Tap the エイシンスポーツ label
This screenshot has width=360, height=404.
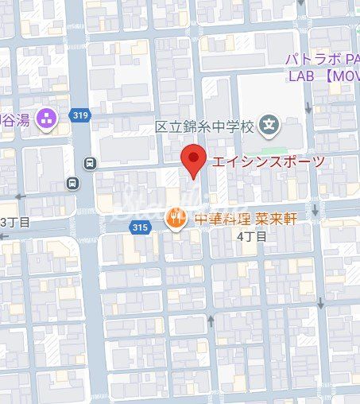point(268,161)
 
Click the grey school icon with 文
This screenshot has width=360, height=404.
point(272,125)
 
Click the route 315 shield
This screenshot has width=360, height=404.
point(140,227)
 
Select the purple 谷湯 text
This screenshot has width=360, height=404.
point(16,118)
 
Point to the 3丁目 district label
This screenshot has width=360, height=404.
point(16,221)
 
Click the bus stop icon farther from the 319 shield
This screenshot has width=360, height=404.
point(73,183)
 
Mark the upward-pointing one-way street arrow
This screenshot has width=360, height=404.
point(211,320)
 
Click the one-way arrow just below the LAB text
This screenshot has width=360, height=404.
point(327,95)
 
